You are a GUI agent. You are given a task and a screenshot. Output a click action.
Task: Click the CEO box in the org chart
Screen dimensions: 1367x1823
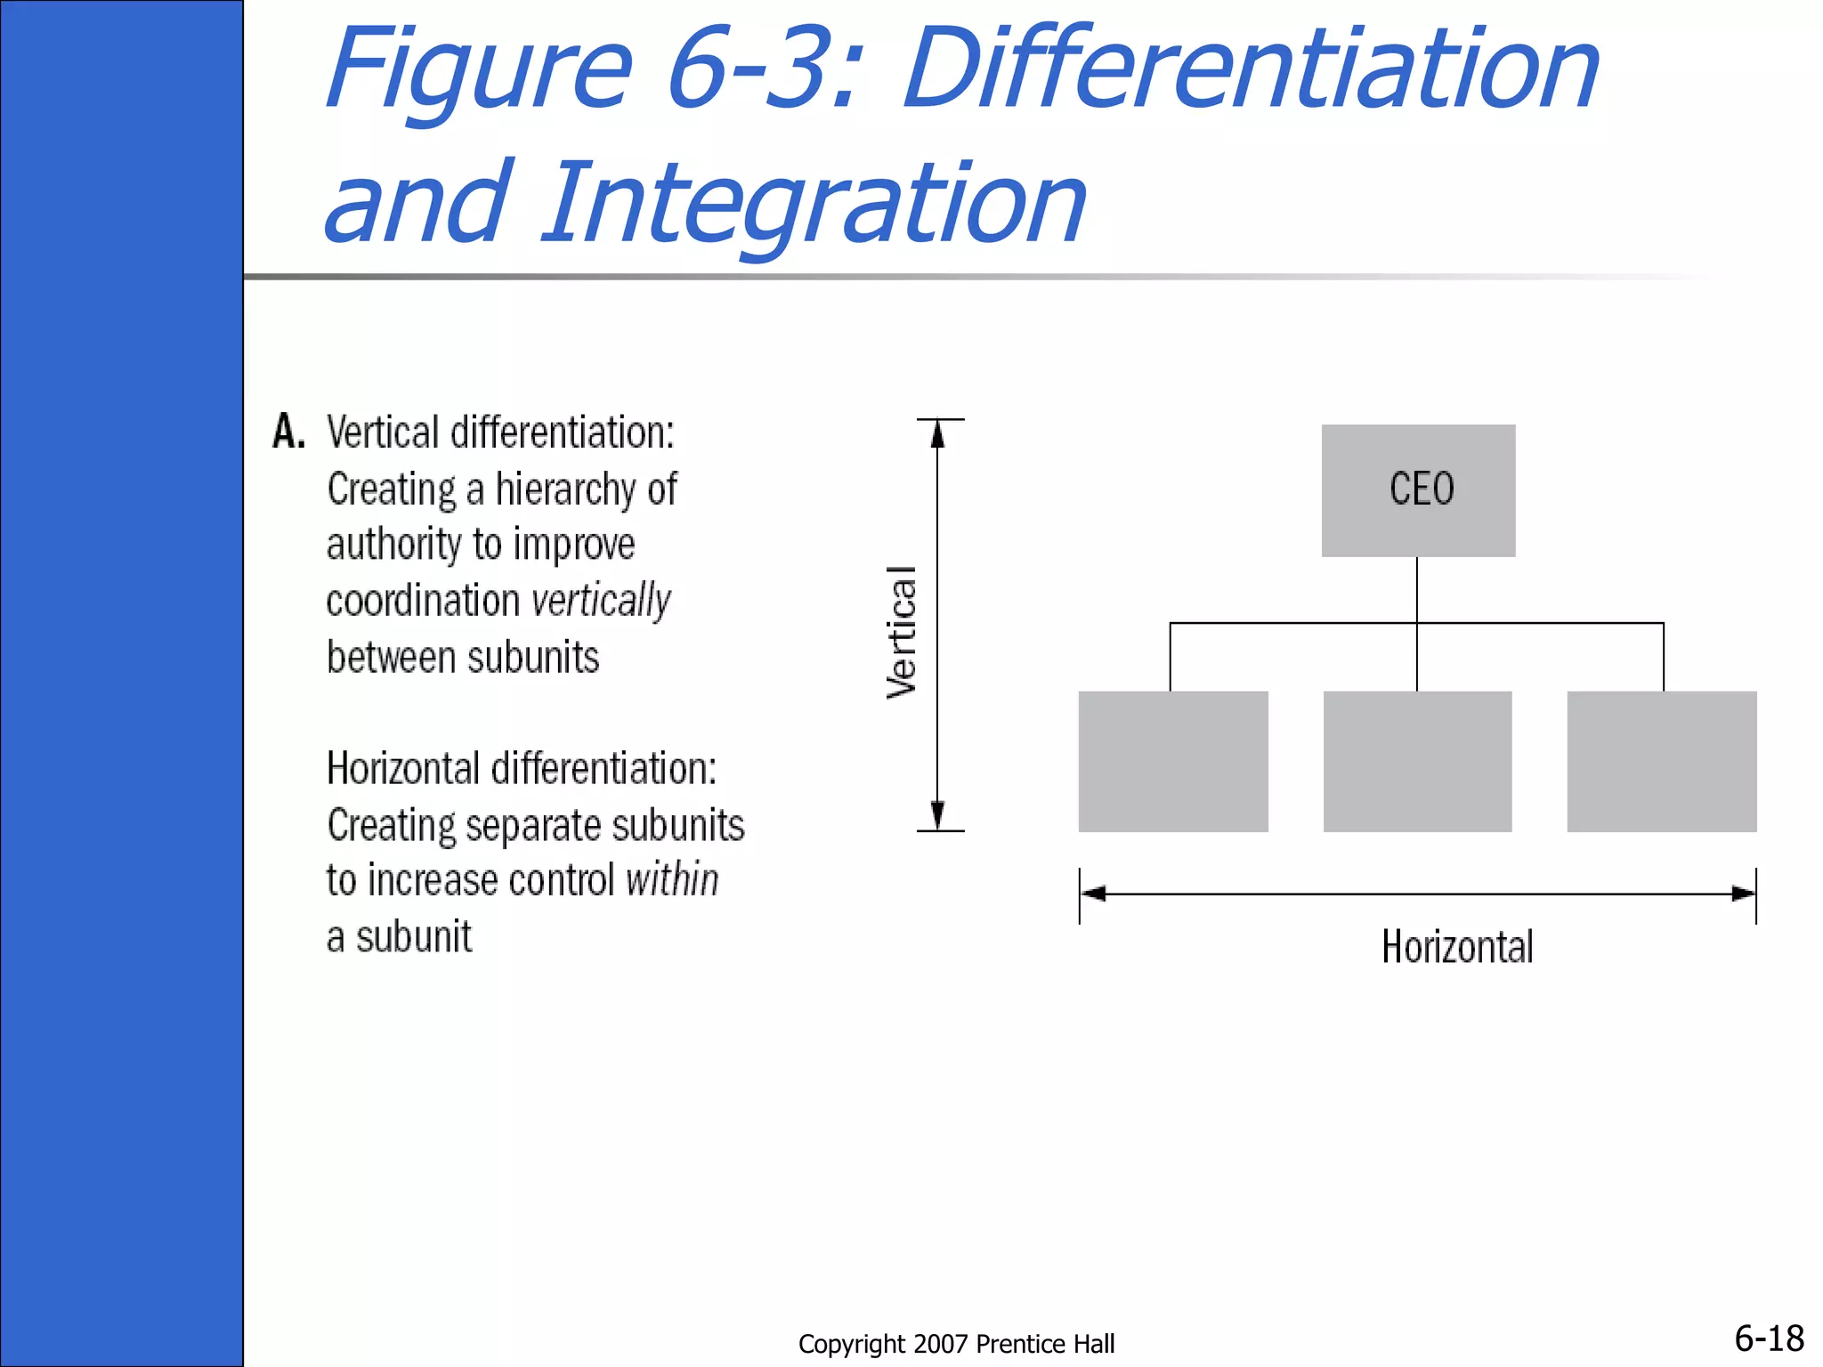pyautogui.click(x=1418, y=490)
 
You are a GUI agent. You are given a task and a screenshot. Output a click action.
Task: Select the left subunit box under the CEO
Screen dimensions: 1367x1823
pyautogui.click(x=1173, y=761)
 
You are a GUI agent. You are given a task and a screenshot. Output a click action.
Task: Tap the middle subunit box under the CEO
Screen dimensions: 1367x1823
pyautogui.click(x=1417, y=761)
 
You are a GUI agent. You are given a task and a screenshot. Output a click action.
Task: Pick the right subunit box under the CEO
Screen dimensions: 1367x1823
pyautogui.click(x=1662, y=761)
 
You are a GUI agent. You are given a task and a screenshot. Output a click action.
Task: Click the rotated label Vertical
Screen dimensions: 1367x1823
pyautogui.click(x=902, y=632)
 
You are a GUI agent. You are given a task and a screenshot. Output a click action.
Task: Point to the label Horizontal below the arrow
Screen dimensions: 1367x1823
pyautogui.click(x=1457, y=947)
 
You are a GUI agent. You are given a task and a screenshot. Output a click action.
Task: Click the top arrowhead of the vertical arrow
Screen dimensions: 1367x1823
pyautogui.click(x=937, y=433)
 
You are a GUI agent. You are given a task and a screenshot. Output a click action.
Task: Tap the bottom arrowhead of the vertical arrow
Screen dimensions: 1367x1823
pyautogui.click(x=937, y=815)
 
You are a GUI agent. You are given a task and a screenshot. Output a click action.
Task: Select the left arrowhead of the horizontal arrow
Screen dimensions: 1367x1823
pyautogui.click(x=1094, y=894)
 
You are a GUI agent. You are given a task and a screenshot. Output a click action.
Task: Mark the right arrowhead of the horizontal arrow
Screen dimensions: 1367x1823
pyautogui.click(x=1743, y=894)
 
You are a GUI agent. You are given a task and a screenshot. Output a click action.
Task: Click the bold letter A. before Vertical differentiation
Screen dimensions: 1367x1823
pyautogui.click(x=288, y=433)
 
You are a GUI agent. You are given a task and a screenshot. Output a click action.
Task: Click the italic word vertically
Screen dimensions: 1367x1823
pyautogui.click(x=602, y=601)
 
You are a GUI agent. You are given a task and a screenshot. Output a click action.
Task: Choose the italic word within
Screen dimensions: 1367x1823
pyautogui.click(x=672, y=880)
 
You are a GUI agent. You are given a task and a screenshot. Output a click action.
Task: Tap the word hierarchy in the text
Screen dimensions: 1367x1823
pyautogui.click(x=569, y=489)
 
